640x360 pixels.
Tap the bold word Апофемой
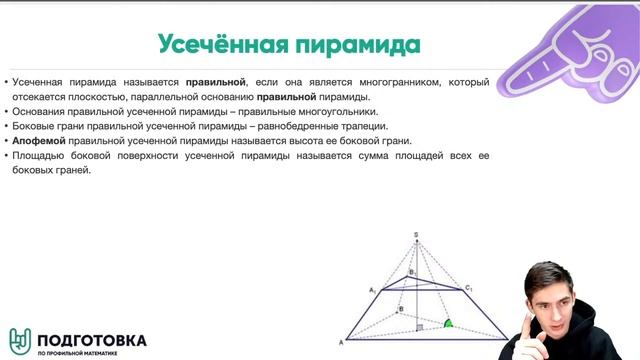38,141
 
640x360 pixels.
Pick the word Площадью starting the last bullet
41,156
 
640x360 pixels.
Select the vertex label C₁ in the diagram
467,288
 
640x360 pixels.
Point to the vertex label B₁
410,272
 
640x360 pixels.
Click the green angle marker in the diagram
450,324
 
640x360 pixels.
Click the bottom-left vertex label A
342,343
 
